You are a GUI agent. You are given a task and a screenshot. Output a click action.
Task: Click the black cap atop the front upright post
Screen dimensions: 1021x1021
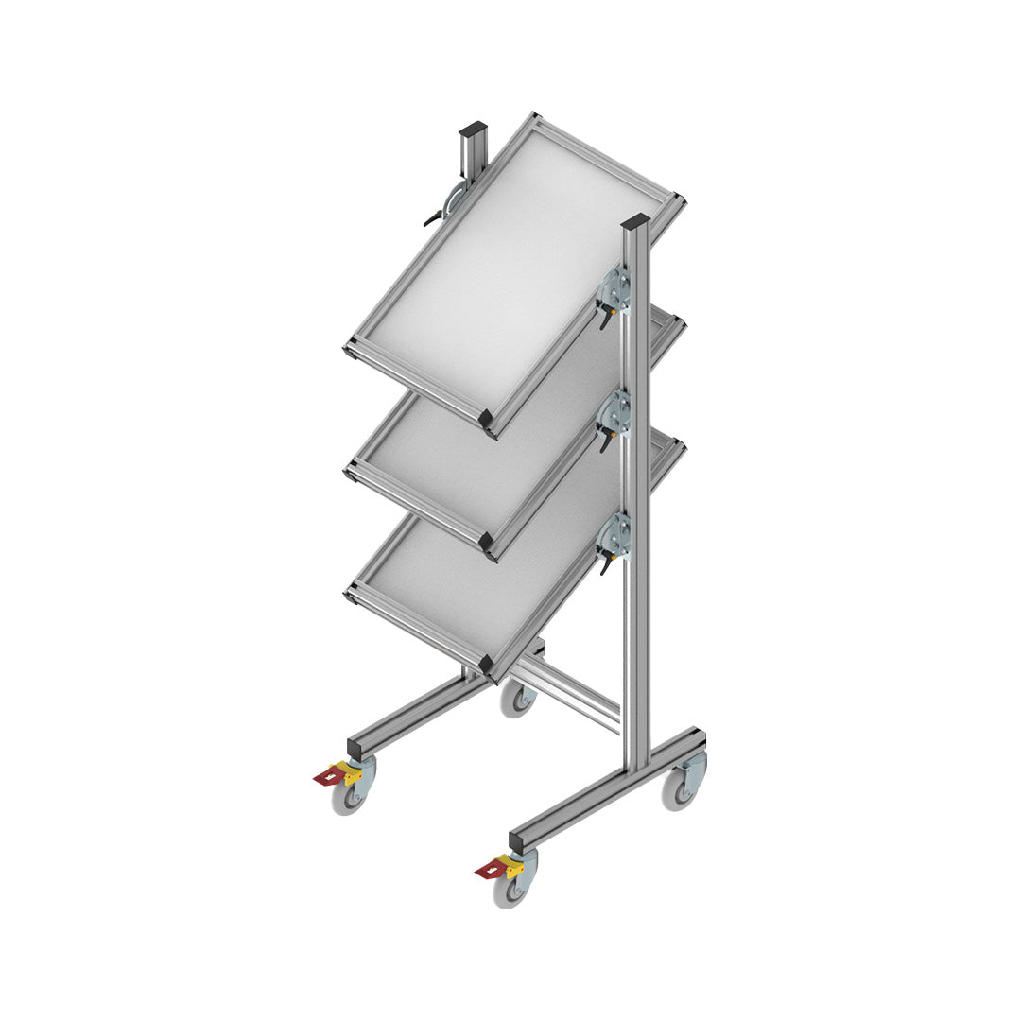tap(635, 222)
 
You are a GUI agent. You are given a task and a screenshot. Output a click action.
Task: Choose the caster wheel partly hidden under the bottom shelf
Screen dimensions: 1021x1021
tap(517, 699)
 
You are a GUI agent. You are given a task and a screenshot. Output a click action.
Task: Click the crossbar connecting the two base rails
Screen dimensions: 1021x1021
tap(567, 696)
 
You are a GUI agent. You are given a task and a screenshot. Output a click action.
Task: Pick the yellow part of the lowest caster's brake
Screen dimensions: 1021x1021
tap(513, 865)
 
